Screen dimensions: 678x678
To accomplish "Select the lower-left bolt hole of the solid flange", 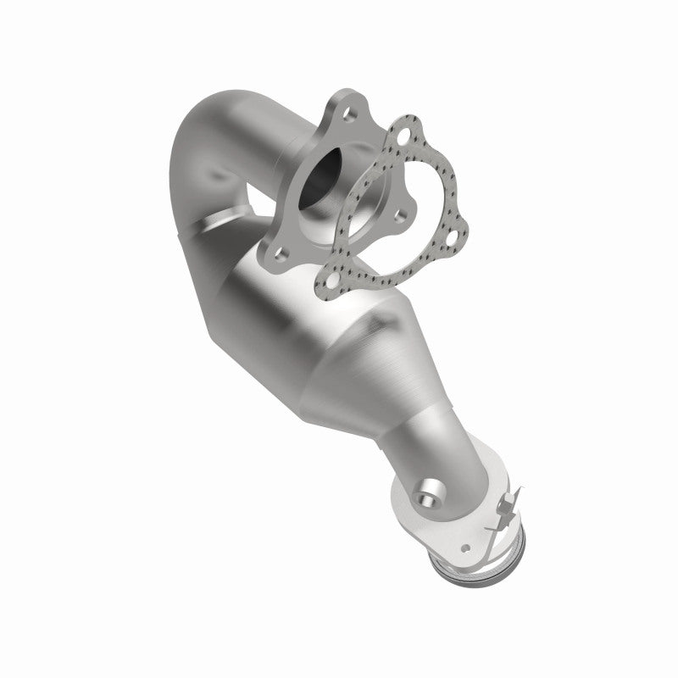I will pyautogui.click(x=282, y=251).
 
